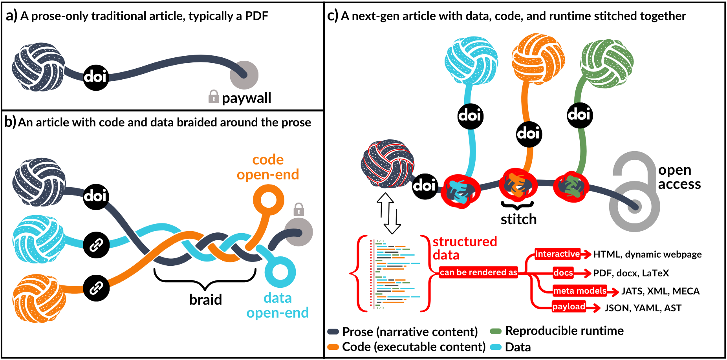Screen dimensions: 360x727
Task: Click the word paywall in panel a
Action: point(246,98)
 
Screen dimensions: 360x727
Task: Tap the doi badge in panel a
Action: point(95,77)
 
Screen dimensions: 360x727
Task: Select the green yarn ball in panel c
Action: point(606,63)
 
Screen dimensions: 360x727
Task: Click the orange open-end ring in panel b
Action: point(268,199)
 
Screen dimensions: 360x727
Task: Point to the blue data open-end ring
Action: point(280,272)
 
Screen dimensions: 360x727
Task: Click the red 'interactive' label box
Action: point(557,254)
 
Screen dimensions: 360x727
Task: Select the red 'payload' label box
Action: point(569,307)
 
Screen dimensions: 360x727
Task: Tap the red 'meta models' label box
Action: point(580,291)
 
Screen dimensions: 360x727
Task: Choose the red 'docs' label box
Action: point(563,273)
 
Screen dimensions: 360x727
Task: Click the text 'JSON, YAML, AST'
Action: point(643,308)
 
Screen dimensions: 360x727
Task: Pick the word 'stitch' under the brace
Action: point(518,219)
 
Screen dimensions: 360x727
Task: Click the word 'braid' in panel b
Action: point(205,300)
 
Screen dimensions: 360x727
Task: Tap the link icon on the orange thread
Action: point(96,288)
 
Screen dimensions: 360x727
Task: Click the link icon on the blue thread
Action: point(96,245)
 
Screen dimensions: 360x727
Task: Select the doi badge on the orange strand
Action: point(529,134)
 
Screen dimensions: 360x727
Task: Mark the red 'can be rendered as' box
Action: point(478,272)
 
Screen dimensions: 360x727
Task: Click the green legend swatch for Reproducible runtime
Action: point(496,331)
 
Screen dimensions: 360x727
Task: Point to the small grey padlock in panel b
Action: point(298,209)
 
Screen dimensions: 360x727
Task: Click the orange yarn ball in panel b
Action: point(38,298)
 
